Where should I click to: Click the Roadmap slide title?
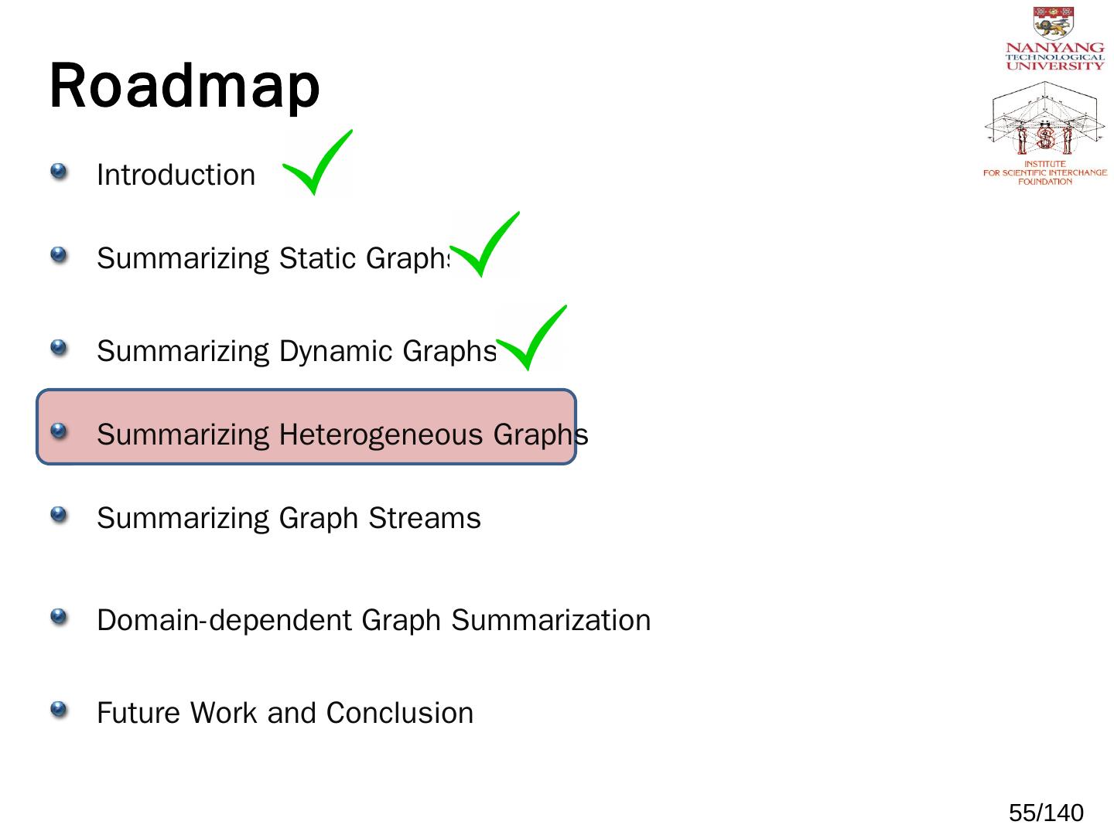pos(184,86)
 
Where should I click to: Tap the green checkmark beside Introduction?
pos(318,163)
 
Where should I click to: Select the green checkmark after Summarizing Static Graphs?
pos(485,245)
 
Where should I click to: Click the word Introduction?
pos(176,176)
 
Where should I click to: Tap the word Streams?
pos(425,518)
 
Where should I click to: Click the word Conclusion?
pos(399,713)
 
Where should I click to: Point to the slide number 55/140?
pos(1046,813)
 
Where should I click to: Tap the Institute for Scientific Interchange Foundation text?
pos(1044,172)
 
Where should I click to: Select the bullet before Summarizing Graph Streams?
pos(59,514)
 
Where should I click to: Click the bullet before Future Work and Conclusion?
pos(59,709)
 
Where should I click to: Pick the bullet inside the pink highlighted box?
pos(59,431)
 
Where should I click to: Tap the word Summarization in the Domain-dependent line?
pos(551,620)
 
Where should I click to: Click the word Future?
pos(139,713)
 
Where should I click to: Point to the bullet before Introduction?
pos(59,171)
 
